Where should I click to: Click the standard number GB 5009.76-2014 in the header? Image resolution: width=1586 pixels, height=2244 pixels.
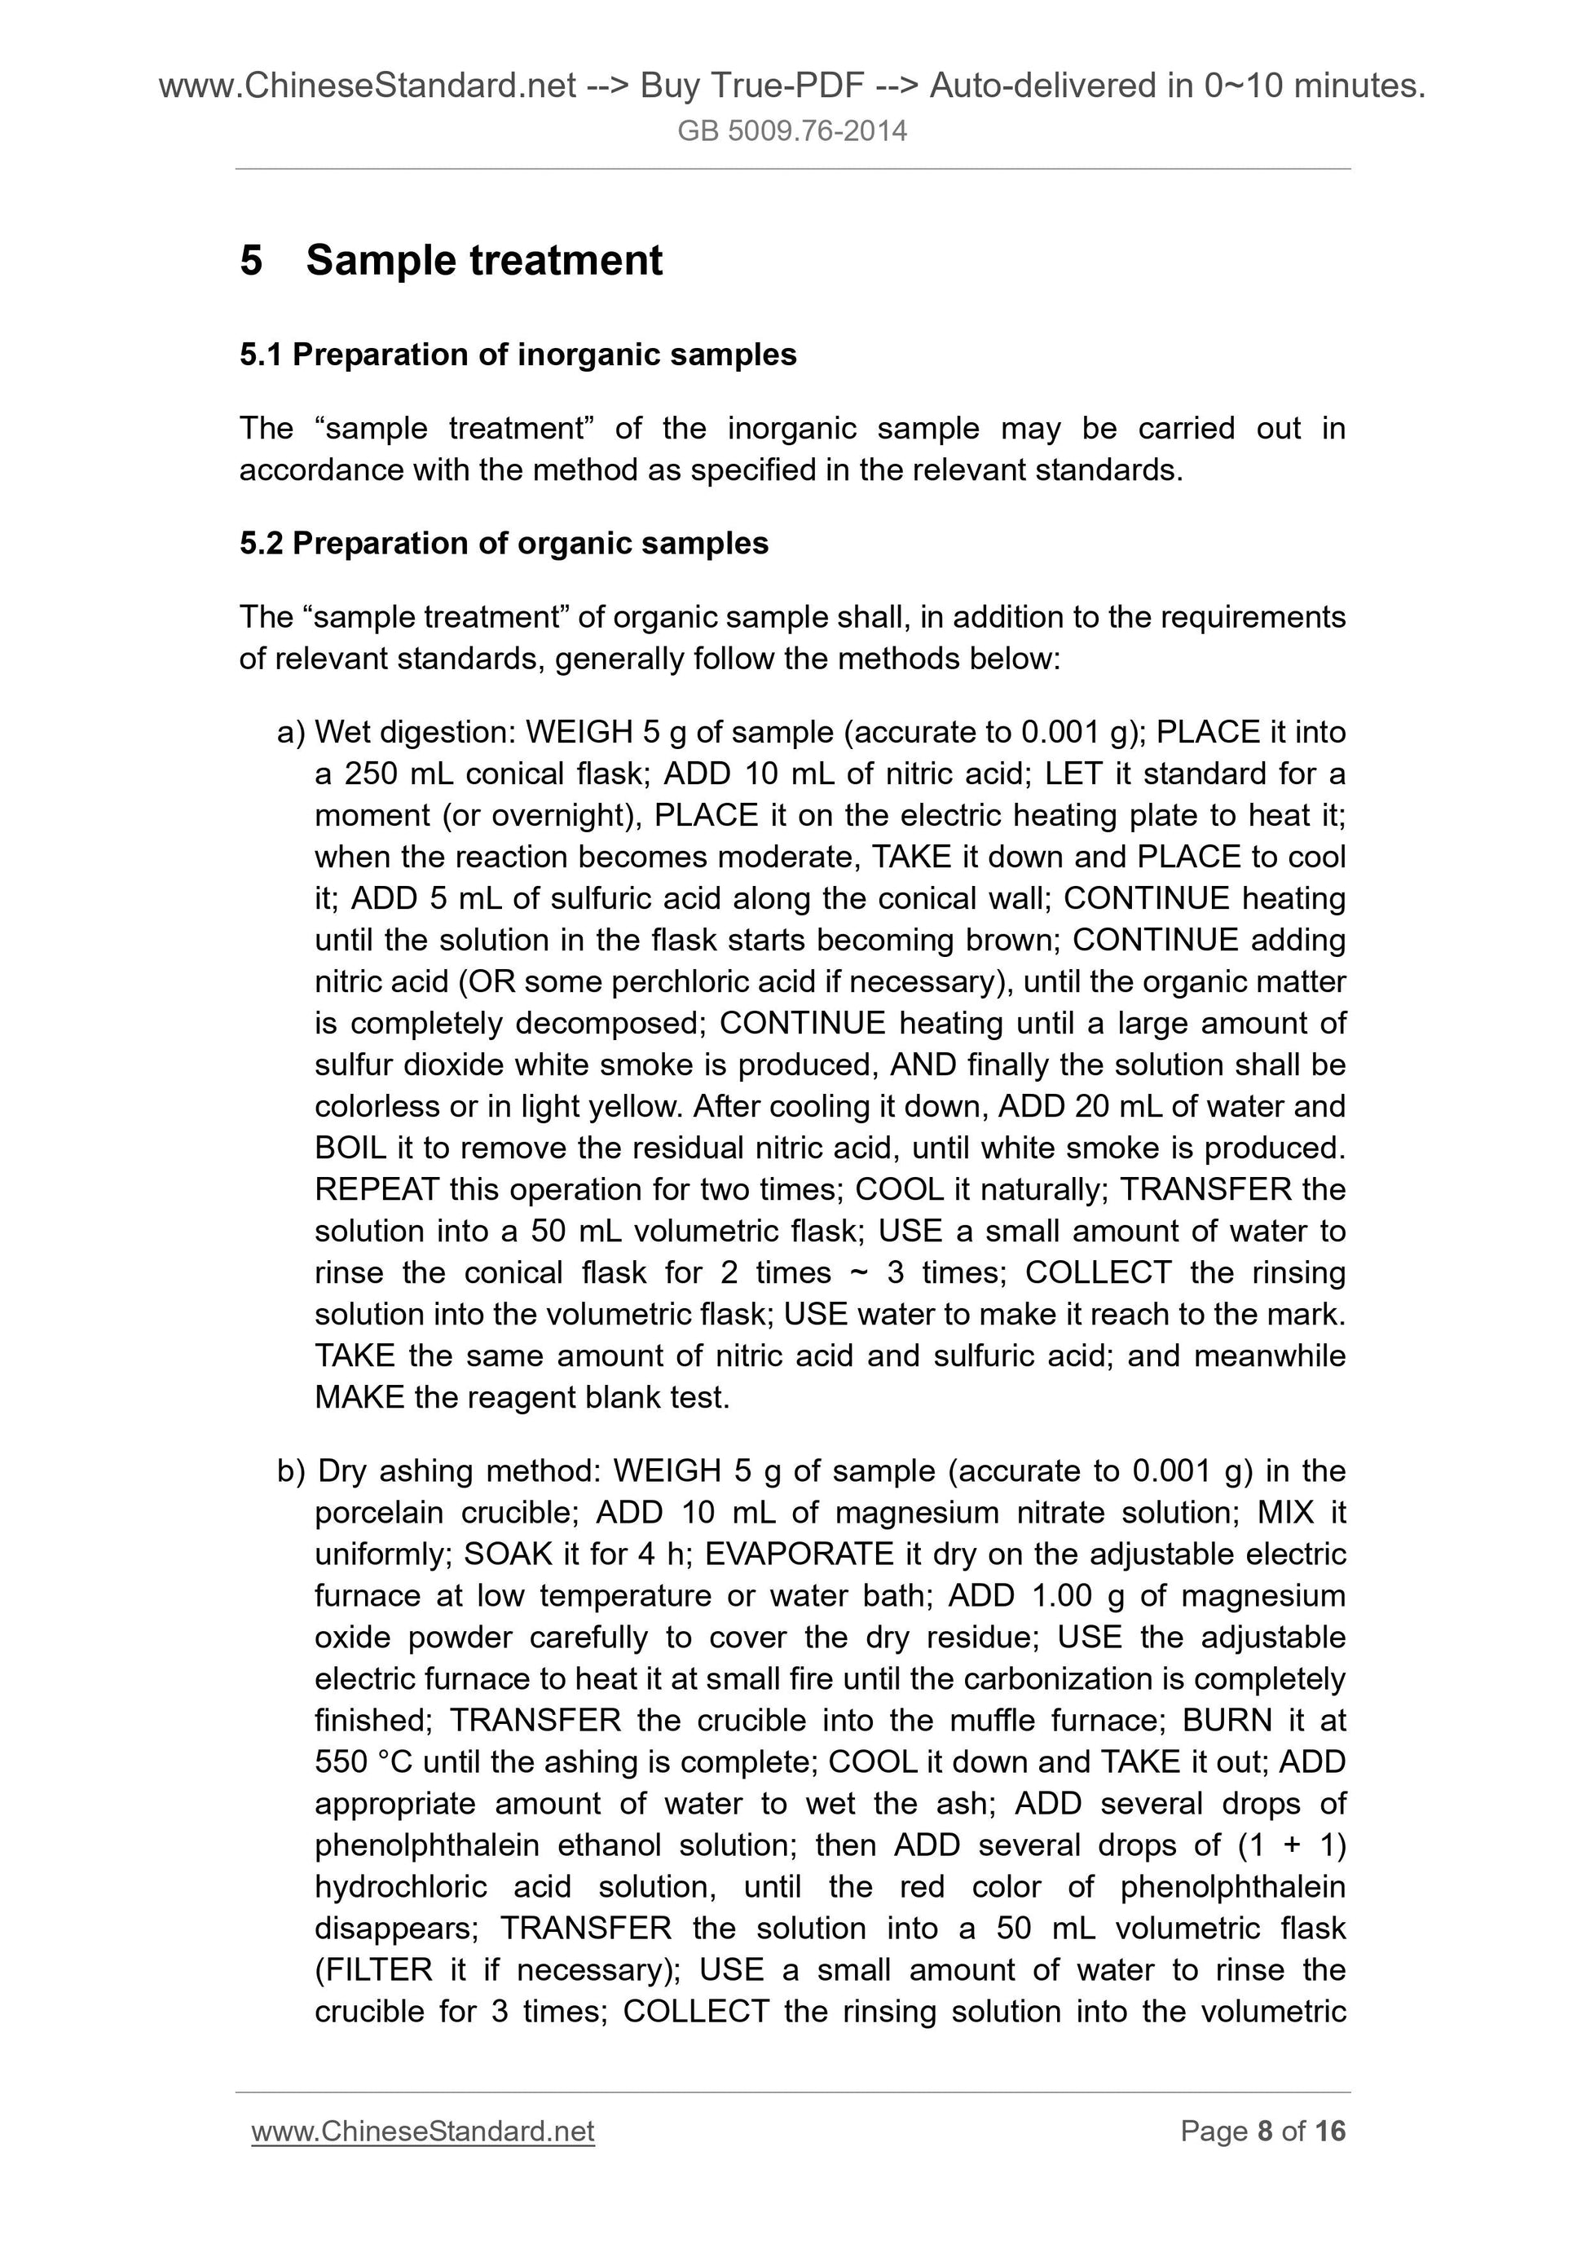[x=791, y=131]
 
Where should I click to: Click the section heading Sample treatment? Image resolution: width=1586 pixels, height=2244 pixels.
[x=484, y=261]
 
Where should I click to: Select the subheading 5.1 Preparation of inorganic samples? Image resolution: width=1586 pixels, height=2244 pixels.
[x=518, y=355]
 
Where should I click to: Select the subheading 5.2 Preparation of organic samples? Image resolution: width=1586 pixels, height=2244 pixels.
[x=504, y=544]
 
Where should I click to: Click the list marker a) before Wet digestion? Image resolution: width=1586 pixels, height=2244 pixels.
[x=290, y=732]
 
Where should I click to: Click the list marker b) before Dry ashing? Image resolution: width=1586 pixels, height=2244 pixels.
[x=291, y=1471]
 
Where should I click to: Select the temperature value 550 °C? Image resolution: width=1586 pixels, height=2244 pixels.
[x=363, y=1762]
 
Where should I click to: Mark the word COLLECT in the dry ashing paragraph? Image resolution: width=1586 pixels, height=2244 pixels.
[x=696, y=2012]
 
